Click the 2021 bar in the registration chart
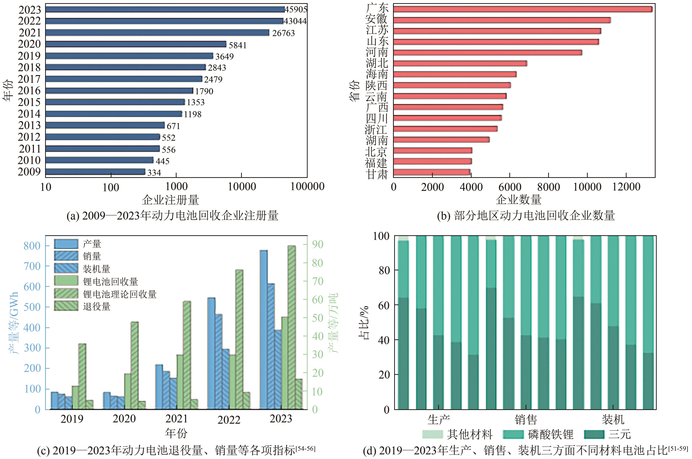[157, 33]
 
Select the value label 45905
[296, 10]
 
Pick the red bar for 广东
[523, 9]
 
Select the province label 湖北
[377, 63]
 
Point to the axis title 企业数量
[518, 200]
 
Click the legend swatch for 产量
[66, 244]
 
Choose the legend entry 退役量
[97, 306]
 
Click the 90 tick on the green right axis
[317, 244]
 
